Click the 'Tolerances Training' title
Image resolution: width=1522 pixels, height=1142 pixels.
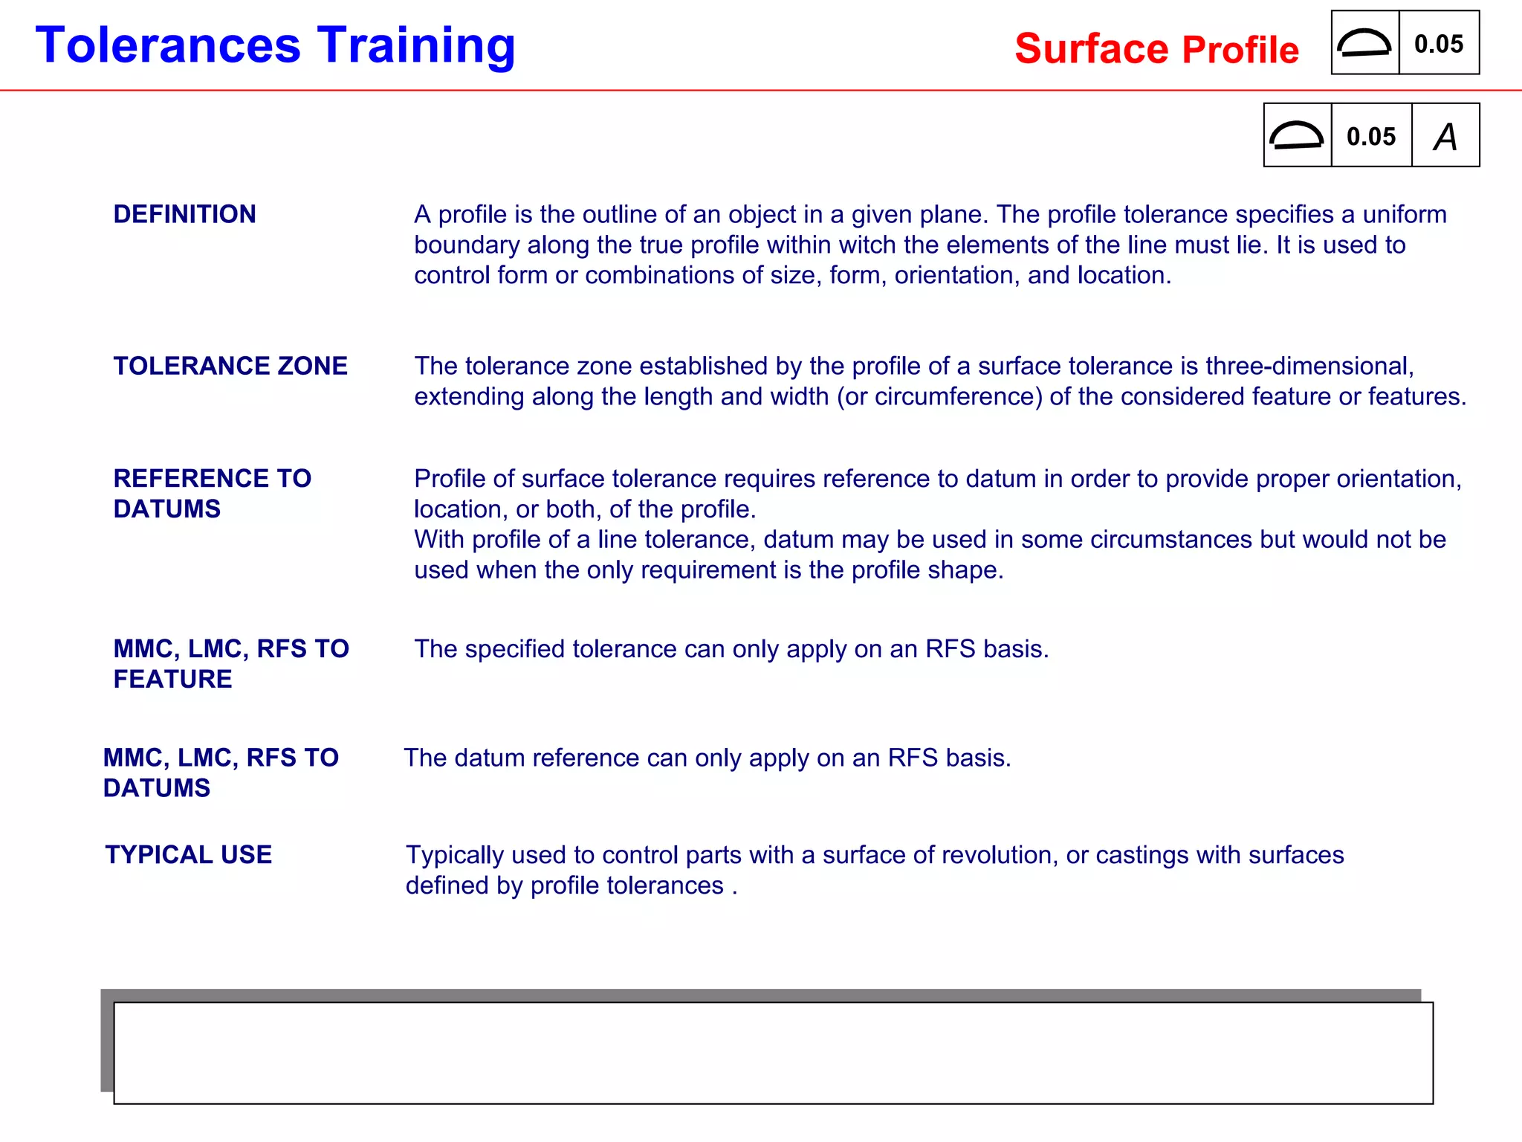[275, 46]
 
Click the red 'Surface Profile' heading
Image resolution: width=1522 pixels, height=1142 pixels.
[1156, 50]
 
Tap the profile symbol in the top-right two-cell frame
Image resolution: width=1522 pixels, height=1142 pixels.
[1364, 43]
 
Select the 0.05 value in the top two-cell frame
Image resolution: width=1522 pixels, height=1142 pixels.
[1439, 44]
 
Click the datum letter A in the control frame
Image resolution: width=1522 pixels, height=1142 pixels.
[1445, 137]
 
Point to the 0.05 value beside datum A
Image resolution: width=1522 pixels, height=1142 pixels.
[1371, 137]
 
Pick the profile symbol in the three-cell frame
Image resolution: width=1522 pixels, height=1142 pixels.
[1297, 135]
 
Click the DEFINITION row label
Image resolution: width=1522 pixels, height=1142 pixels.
[184, 214]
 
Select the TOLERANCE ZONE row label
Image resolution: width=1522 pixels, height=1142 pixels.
[230, 366]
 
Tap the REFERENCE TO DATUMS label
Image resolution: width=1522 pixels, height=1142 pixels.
[212, 493]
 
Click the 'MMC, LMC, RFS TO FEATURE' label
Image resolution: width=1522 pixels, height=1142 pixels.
[230, 663]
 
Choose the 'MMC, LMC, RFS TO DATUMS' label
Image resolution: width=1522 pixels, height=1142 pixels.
[221, 772]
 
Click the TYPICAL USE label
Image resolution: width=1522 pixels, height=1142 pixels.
[189, 855]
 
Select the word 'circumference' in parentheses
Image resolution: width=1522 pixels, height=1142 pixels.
[958, 396]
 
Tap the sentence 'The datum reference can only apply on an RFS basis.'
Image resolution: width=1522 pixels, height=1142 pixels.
[707, 758]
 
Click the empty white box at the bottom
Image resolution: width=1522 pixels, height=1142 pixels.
[773, 1053]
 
